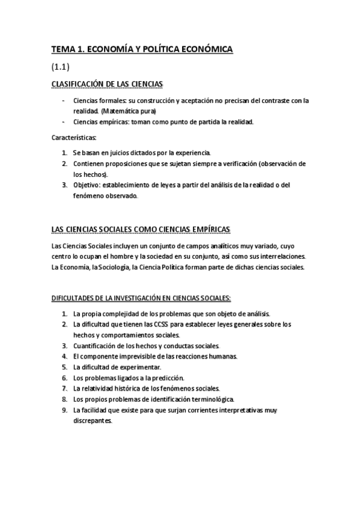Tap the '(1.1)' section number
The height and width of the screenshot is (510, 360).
[61, 67]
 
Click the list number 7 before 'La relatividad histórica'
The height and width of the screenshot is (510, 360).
[64, 389]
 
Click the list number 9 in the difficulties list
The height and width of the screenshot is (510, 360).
[64, 410]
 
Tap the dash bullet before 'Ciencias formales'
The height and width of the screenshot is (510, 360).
[63, 100]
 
